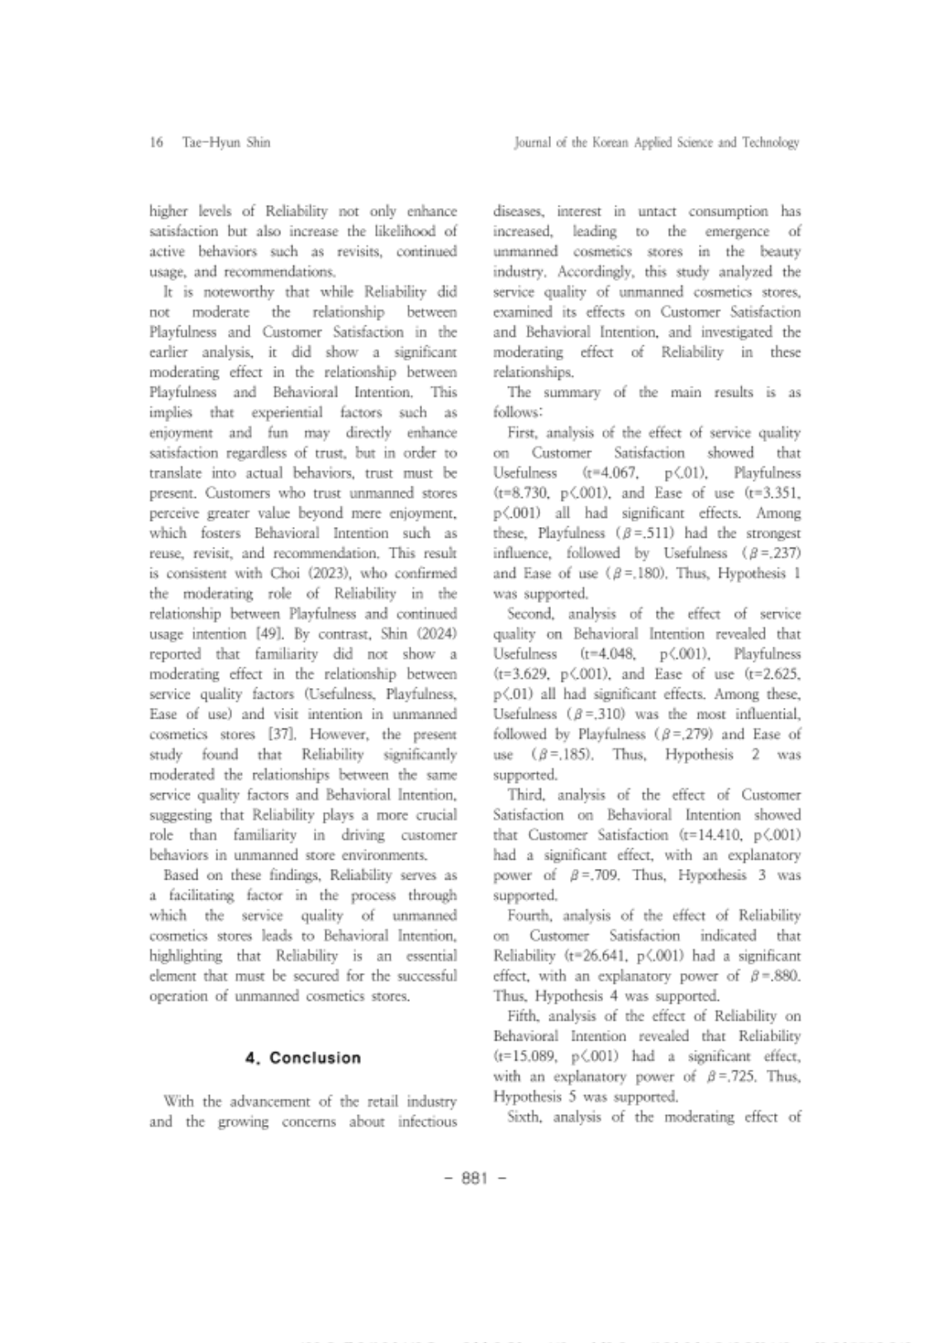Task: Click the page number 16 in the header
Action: tap(155, 143)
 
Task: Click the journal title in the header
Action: tap(657, 143)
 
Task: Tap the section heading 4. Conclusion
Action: tap(303, 1058)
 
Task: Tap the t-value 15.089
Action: tap(529, 1056)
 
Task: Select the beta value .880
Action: tap(785, 976)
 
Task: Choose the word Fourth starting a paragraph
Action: tap(530, 915)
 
